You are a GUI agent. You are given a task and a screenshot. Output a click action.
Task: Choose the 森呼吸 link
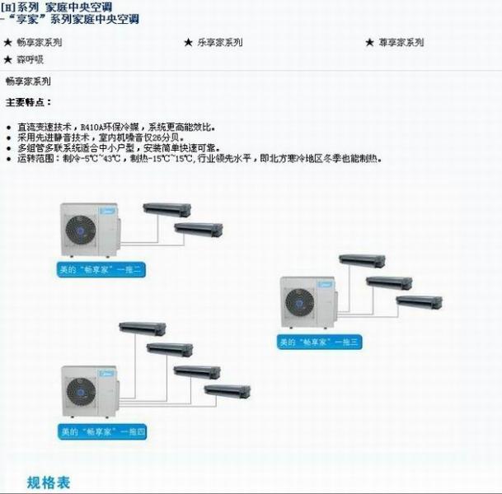point(30,59)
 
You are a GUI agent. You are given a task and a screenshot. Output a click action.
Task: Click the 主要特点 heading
point(29,102)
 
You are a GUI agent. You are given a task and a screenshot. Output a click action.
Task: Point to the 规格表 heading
point(49,482)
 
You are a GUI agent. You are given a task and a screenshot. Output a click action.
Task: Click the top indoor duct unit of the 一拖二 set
point(167,209)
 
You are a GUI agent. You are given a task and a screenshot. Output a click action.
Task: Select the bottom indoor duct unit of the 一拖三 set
point(419,302)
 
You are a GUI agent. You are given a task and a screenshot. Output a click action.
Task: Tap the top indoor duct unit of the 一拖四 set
point(143,328)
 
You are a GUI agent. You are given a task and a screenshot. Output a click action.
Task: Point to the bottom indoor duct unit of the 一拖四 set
point(227,390)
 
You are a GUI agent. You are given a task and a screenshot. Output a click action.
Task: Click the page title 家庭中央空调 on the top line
point(78,7)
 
